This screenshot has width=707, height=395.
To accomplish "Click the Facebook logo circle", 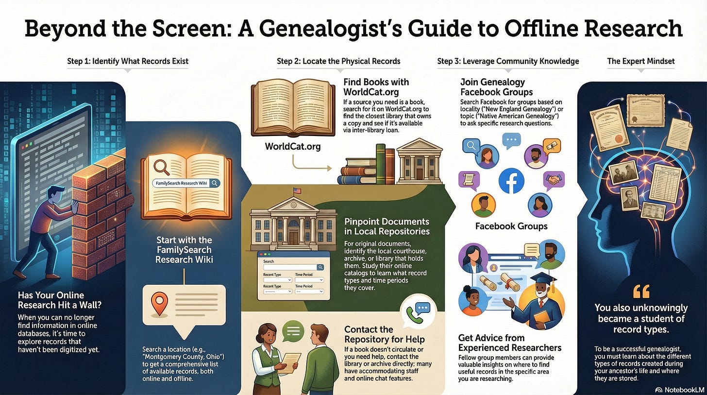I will coord(511,180).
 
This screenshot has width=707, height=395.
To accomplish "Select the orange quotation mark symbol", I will coord(641,291).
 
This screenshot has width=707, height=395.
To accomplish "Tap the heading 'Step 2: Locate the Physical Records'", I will coord(338,61).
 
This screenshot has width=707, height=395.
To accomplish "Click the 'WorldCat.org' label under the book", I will coord(292,146).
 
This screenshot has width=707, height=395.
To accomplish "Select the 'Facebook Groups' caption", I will coord(511,226).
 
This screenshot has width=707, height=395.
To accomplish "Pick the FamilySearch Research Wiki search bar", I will coord(186,183).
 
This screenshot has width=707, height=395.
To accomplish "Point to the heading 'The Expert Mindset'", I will coord(640,61).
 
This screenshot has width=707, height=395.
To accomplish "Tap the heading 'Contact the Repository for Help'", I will coord(384,334).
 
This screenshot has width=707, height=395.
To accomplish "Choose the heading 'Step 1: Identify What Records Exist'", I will coord(128,61).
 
